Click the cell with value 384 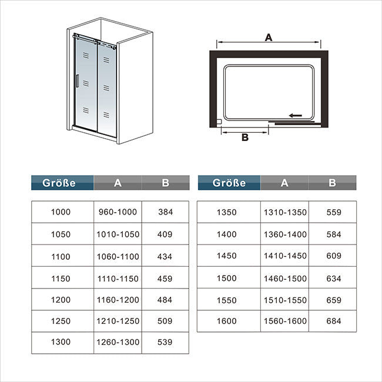165,212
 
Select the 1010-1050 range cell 118,234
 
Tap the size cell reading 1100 61,256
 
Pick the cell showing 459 165,278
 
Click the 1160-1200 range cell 118,299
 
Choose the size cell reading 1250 61,321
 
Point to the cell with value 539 165,342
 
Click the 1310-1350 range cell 285,212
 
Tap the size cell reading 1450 227,256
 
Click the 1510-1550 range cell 285,300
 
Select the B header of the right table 332,182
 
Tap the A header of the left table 118,182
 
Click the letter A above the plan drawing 269,37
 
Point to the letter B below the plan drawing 245,138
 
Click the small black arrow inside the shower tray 295,115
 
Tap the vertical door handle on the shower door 77,81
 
